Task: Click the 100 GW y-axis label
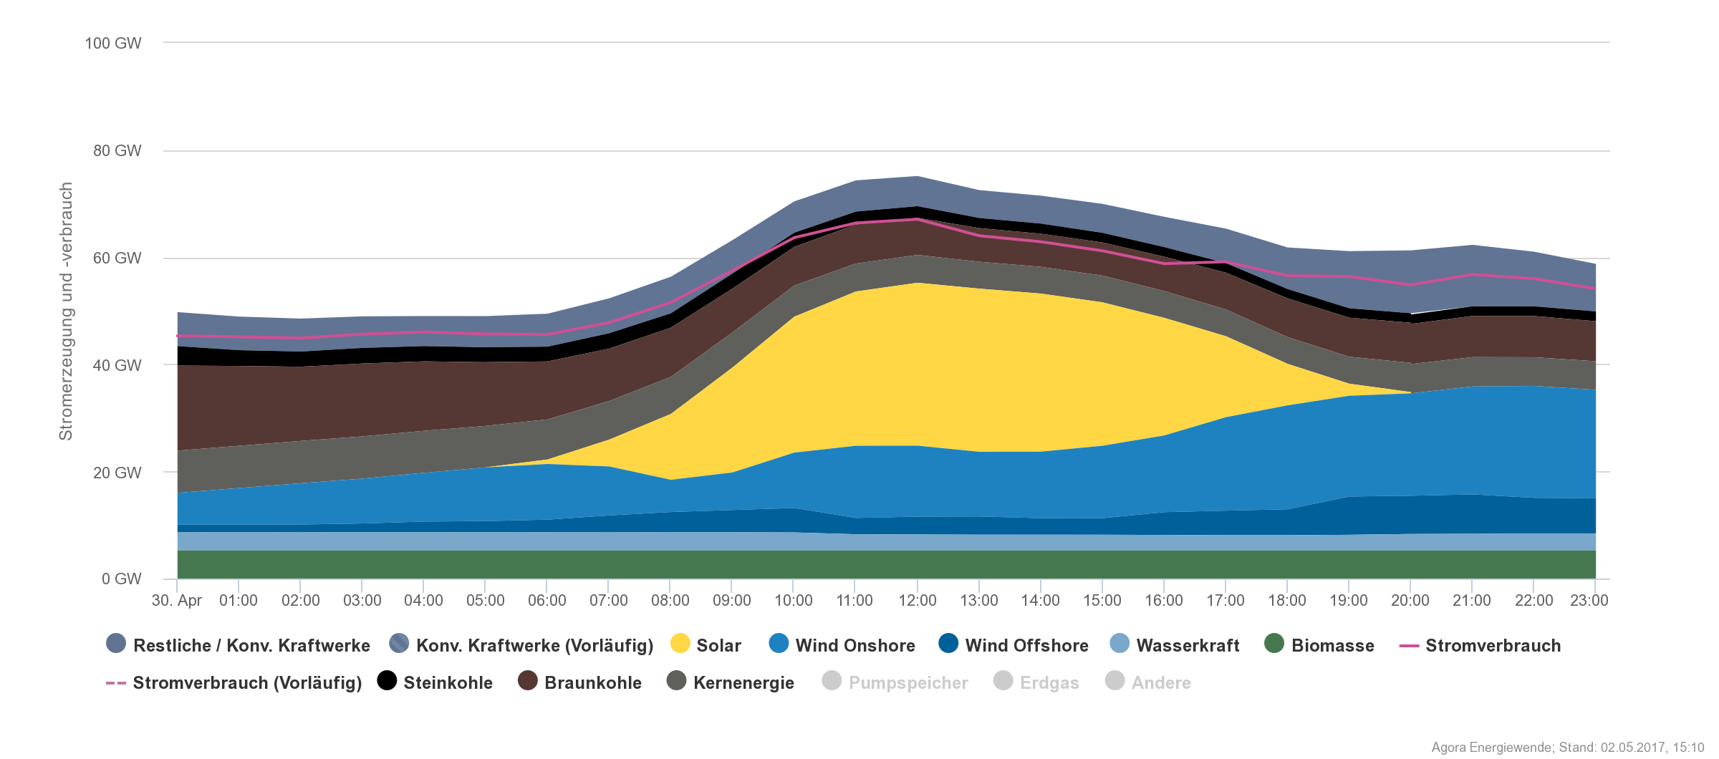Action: point(113,44)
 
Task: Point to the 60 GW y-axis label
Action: point(117,258)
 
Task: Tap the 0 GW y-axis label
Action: point(121,579)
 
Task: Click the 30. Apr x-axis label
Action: point(177,601)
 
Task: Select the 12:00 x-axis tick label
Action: point(917,601)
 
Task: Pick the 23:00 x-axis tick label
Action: point(1589,601)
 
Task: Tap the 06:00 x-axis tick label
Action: point(546,601)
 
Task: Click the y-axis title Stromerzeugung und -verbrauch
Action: point(66,311)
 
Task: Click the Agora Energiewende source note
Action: point(1567,748)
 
